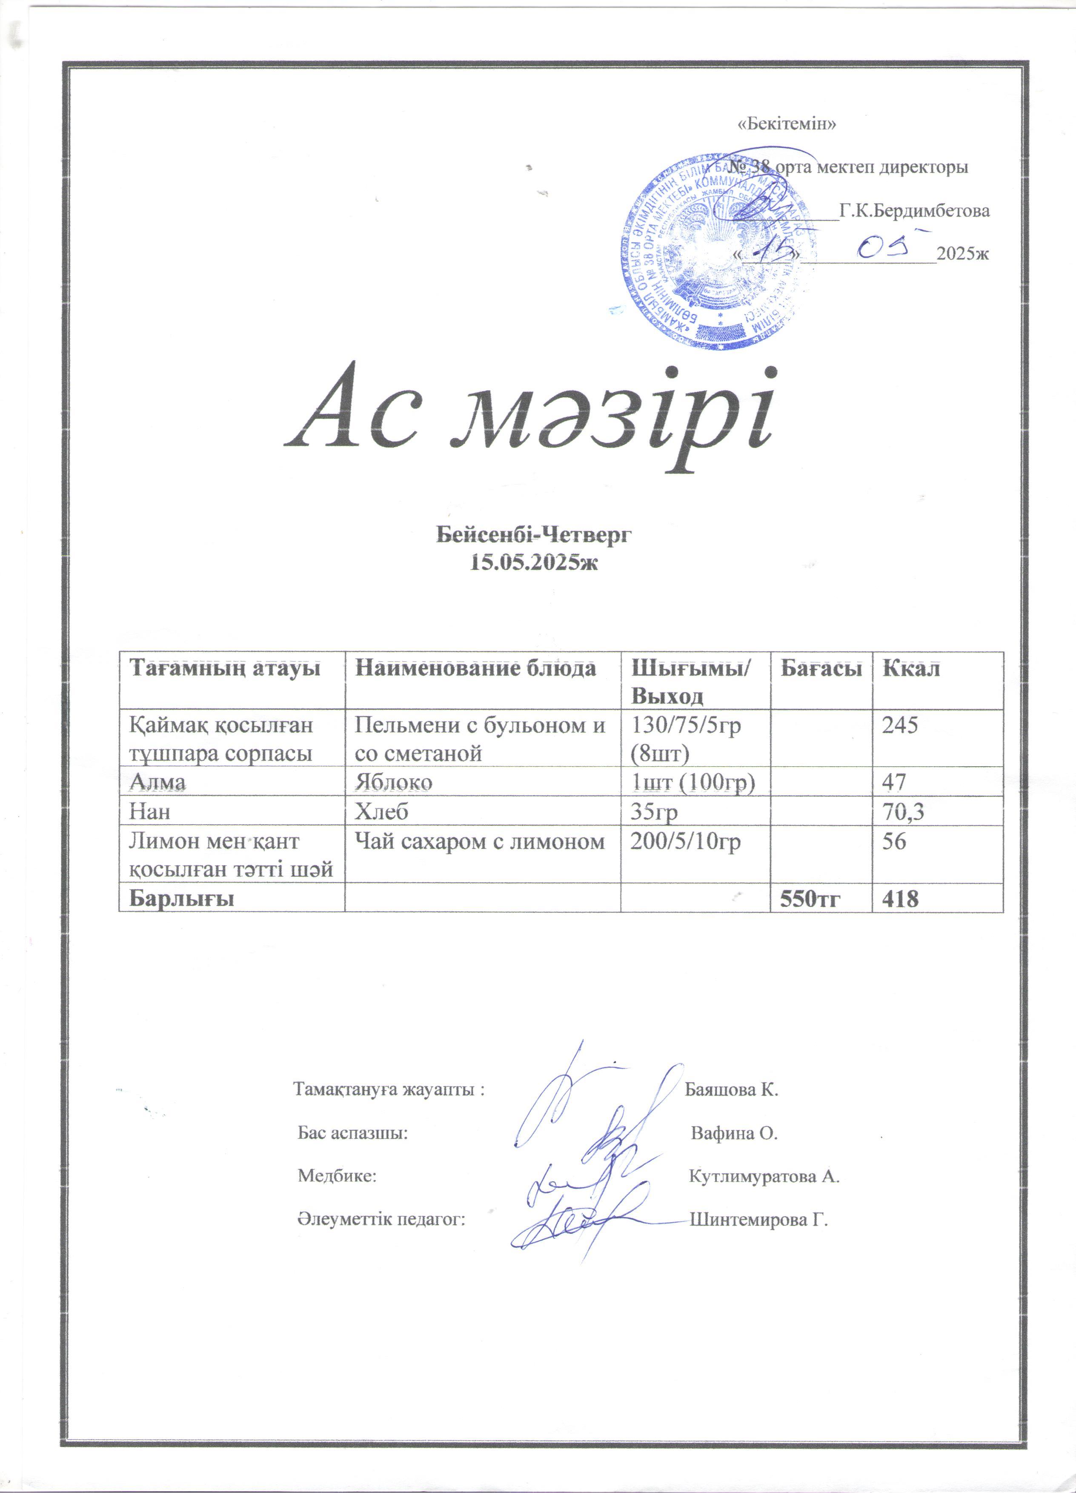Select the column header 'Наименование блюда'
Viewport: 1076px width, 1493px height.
click(475, 669)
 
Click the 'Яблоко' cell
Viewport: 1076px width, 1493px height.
click(394, 782)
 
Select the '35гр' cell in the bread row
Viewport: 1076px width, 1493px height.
click(654, 812)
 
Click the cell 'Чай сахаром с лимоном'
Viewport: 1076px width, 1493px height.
click(479, 841)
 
